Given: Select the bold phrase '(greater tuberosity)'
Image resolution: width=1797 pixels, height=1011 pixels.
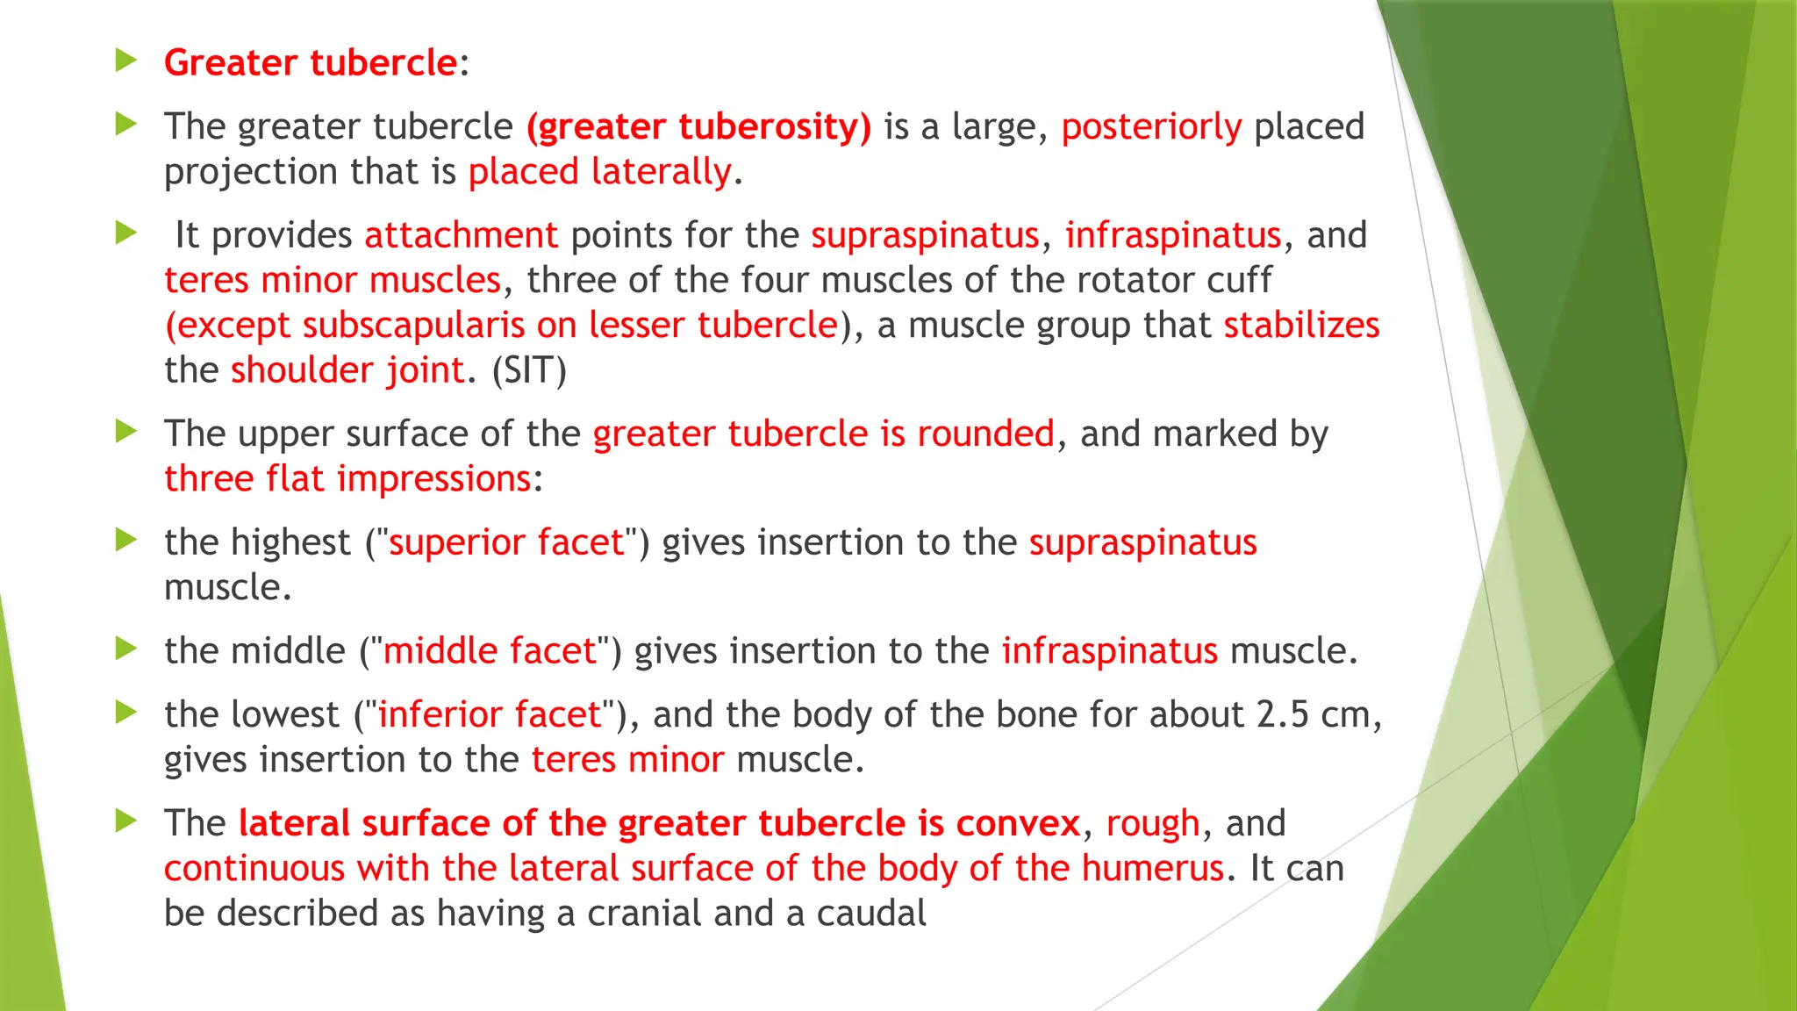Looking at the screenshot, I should pyautogui.click(x=698, y=127).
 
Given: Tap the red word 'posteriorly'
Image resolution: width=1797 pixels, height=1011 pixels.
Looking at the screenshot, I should pyautogui.click(x=1151, y=127).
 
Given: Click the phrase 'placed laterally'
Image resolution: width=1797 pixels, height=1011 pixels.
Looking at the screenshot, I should pyautogui.click(x=599, y=172).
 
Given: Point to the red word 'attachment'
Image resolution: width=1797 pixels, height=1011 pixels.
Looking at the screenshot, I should pyautogui.click(x=461, y=236).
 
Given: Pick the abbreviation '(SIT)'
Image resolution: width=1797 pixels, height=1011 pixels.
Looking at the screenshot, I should pyautogui.click(x=529, y=370).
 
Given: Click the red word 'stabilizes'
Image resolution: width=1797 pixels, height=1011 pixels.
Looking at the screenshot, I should pyautogui.click(x=1301, y=326).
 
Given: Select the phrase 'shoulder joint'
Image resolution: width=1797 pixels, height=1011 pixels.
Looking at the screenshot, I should pyautogui.click(x=347, y=370).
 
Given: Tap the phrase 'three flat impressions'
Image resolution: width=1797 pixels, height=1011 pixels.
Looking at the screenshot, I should pyautogui.click(x=347, y=479).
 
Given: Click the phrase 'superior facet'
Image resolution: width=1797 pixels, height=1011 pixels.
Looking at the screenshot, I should pyautogui.click(x=506, y=542).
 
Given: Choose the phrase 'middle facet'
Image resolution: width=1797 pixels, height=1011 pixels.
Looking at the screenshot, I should pyautogui.click(x=490, y=651).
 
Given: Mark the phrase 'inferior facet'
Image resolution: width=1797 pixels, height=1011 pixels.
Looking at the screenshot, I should pyautogui.click(x=490, y=714).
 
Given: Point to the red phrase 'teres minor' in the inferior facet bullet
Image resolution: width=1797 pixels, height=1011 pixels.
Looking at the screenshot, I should pyautogui.click(x=627, y=759).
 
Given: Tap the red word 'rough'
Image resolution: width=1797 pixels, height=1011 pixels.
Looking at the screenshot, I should pyautogui.click(x=1152, y=823).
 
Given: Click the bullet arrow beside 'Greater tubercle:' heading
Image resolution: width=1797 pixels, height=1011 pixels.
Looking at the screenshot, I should pyautogui.click(x=126, y=61).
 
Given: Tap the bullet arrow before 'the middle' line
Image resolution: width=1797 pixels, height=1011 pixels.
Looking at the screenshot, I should pyautogui.click(x=126, y=649).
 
